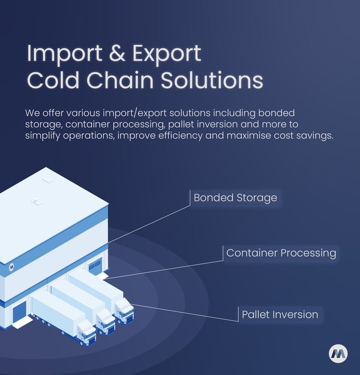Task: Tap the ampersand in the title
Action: pyautogui.click(x=117, y=53)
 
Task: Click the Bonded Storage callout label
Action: pyautogui.click(x=235, y=198)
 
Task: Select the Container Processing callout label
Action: pyautogui.click(x=281, y=253)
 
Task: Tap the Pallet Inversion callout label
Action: pyautogui.click(x=280, y=314)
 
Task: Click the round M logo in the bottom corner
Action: pyautogui.click(x=338, y=354)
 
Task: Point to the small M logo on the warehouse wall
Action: pyautogui.click(x=11, y=267)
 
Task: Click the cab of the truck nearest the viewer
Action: pyautogui.click(x=87, y=332)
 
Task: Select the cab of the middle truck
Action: pyautogui.click(x=106, y=321)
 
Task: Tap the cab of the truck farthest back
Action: pyautogui.click(x=124, y=310)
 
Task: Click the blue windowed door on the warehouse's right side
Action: pyautogui.click(x=95, y=266)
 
